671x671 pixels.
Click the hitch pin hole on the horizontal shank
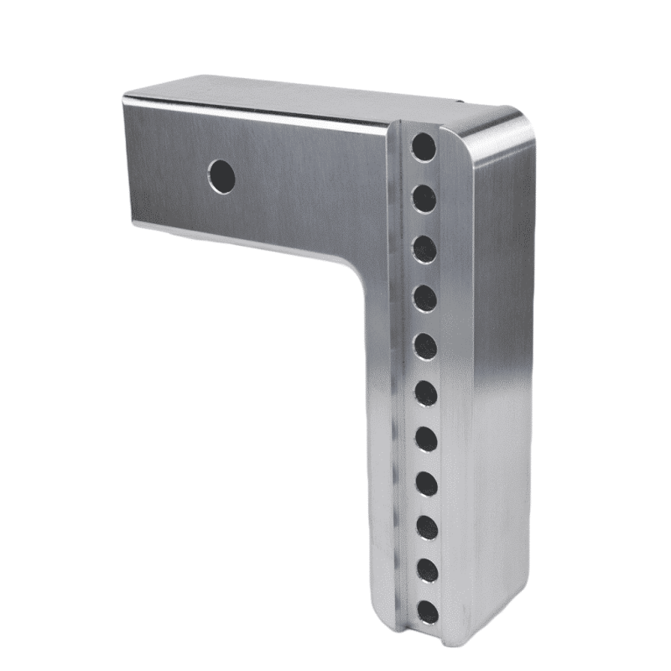pos(221,175)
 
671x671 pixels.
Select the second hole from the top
pos(424,198)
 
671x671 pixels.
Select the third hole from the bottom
pos(427,528)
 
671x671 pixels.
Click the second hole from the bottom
pos(428,570)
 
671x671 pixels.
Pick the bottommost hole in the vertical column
pos(428,611)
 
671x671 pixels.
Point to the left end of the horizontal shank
pos(127,159)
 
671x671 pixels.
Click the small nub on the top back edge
pos(460,101)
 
